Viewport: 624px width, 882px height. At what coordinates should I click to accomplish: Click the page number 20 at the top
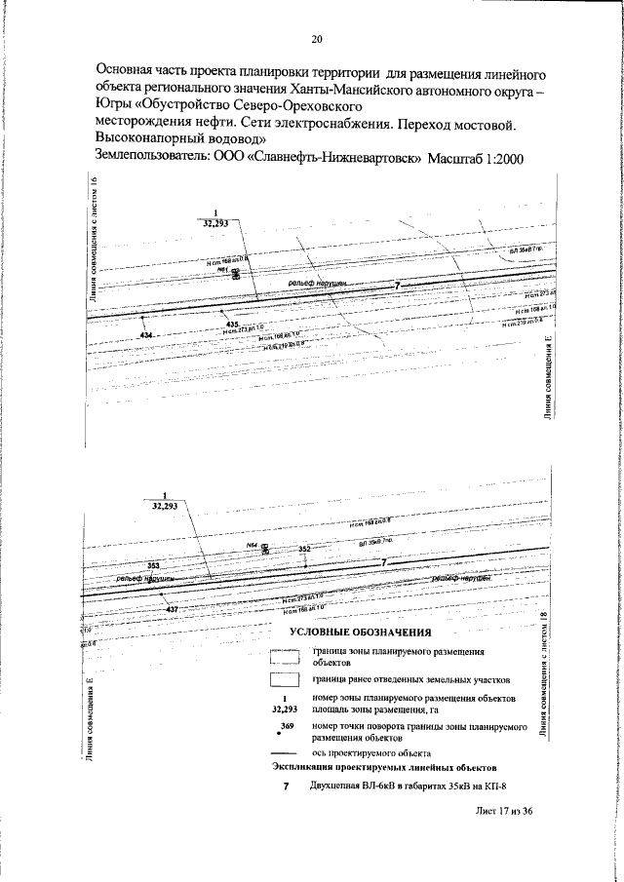coord(316,40)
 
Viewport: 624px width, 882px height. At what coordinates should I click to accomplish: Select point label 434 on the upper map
coord(146,335)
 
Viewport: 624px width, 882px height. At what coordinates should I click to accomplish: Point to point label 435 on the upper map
coord(231,324)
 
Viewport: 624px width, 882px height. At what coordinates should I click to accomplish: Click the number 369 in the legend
coord(286,726)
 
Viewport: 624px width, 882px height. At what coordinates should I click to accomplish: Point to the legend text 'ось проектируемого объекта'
coord(371,752)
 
